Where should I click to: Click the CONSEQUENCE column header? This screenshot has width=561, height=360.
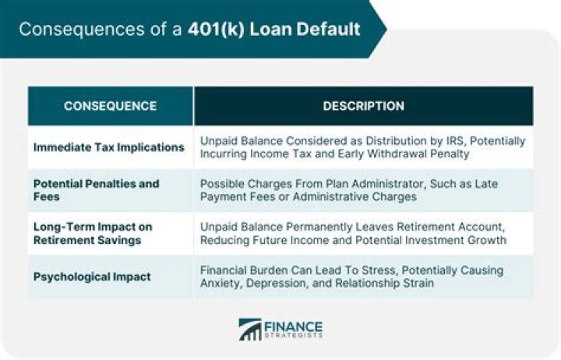(110, 106)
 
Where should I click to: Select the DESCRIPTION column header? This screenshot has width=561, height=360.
(363, 106)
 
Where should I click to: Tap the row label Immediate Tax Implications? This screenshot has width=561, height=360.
(109, 147)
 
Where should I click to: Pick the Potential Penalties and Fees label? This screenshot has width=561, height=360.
(96, 190)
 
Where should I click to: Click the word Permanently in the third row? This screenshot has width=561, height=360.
(330, 227)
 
